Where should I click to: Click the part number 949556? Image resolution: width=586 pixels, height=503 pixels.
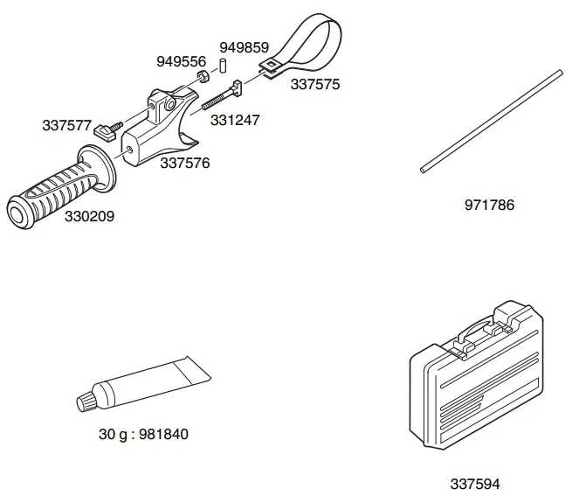(181, 61)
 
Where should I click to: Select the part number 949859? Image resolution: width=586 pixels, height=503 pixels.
(244, 46)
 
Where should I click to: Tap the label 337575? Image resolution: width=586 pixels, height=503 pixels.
(315, 85)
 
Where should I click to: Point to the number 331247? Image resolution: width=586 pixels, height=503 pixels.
(234, 120)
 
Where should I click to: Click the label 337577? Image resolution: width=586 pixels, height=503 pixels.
(66, 125)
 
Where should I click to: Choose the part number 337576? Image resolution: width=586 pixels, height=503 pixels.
(184, 162)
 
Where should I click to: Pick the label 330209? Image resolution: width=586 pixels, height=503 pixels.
(89, 215)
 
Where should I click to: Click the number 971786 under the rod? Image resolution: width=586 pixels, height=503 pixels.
(489, 206)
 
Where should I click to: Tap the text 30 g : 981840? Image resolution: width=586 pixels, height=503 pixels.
(143, 434)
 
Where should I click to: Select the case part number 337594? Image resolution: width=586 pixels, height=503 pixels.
(475, 483)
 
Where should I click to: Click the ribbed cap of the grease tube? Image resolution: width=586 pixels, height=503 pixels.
(86, 400)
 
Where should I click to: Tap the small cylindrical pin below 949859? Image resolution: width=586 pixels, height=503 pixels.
(223, 65)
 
